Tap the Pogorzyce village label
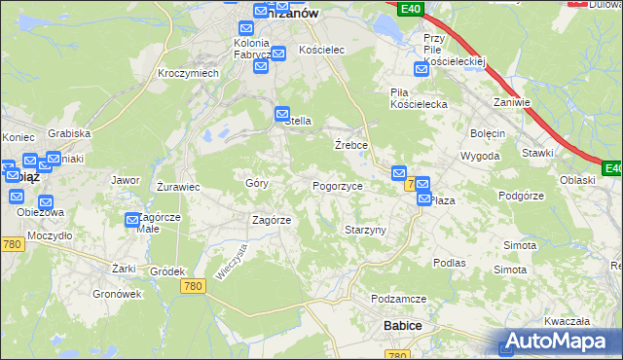coord(337,186)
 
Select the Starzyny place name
coord(366,230)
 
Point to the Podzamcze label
coord(398,299)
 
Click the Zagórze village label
coord(272,220)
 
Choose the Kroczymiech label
coord(188,73)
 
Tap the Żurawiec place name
coord(178,186)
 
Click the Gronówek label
coord(117,293)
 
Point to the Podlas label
coord(450,263)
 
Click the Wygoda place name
coord(480,156)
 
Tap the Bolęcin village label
coord(488,133)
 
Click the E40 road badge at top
coord(410,9)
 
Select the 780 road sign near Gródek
coord(193,285)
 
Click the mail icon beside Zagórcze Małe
coord(133,221)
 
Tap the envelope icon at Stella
coord(282,113)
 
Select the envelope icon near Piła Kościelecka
coord(421,70)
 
